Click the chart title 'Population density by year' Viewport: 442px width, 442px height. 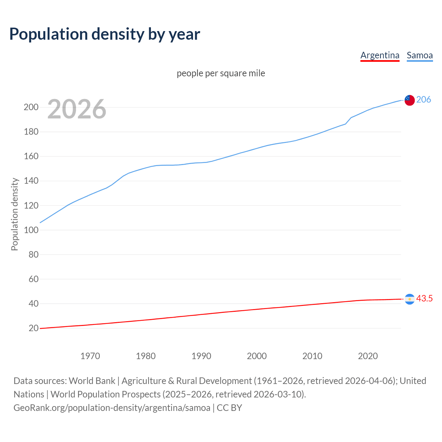(x=105, y=34)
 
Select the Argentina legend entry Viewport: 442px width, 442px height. (x=380, y=55)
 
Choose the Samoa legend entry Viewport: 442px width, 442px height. (x=420, y=55)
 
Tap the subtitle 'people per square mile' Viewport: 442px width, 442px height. (x=221, y=73)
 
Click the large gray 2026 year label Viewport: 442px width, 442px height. (x=77, y=109)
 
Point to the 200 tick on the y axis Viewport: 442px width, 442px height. (x=31, y=107)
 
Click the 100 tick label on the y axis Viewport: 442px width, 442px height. (x=31, y=230)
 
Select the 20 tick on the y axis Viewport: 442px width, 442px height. (x=33, y=328)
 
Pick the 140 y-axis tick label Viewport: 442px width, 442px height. (x=31, y=181)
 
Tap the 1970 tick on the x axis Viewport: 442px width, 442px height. (x=90, y=356)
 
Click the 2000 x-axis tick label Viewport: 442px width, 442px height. (x=257, y=356)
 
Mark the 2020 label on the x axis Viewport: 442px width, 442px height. (x=368, y=356)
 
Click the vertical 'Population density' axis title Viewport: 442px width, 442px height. (x=15, y=214)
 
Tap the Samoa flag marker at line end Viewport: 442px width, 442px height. (x=410, y=100)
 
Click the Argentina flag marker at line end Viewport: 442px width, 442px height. (x=410, y=299)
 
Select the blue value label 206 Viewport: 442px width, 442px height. (x=424, y=99)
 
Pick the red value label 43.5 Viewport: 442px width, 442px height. (x=424, y=298)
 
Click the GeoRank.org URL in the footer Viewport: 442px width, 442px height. (x=112, y=408)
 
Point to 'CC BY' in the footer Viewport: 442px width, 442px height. (x=229, y=408)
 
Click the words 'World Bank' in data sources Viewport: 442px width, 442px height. (x=92, y=381)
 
